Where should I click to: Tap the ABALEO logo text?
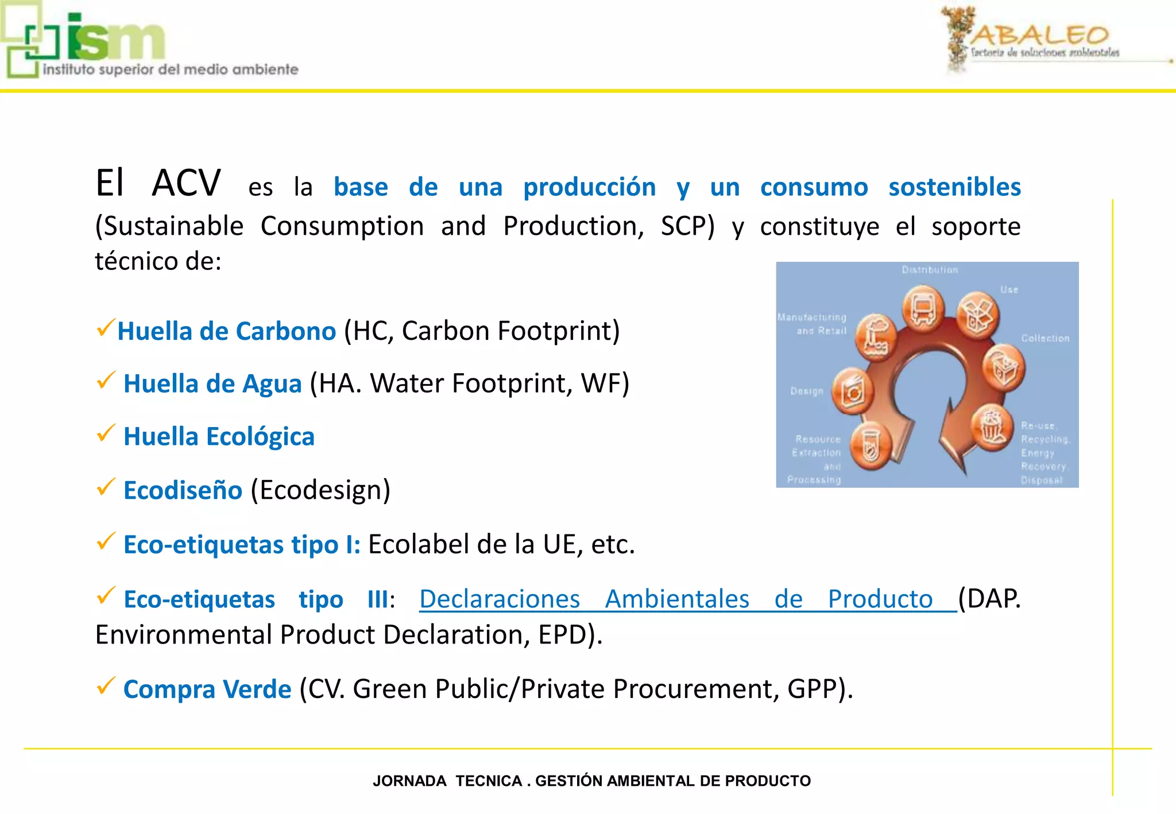pos(1039,36)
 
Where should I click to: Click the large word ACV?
pos(186,184)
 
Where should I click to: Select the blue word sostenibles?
pos(954,187)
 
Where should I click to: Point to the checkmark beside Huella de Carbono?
pos(106,328)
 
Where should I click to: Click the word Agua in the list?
pos(272,384)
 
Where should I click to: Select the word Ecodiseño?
pos(183,490)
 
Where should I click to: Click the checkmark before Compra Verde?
pos(106,685)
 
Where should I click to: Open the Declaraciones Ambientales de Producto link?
pos(676,599)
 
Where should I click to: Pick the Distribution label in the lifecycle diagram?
pos(930,270)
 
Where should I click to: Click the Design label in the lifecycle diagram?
pos(807,391)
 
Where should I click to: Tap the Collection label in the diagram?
pos(1045,339)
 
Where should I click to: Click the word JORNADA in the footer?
pos(409,781)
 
